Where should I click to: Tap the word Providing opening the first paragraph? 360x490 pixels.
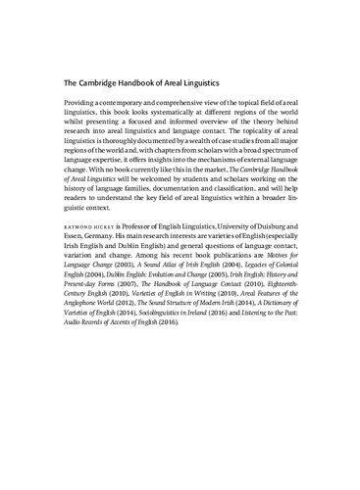[x=83, y=103]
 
